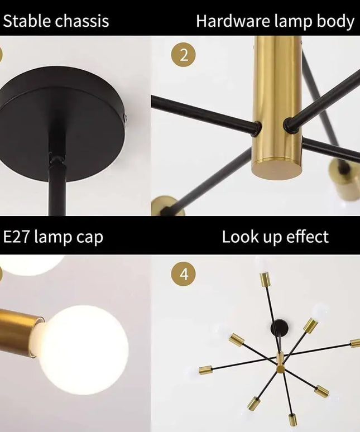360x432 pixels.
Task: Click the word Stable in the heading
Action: (27, 22)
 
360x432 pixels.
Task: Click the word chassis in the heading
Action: (82, 22)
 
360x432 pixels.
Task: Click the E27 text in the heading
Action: (17, 237)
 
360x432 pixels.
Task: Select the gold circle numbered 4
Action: (184, 275)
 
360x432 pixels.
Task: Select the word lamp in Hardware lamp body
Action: (286, 22)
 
